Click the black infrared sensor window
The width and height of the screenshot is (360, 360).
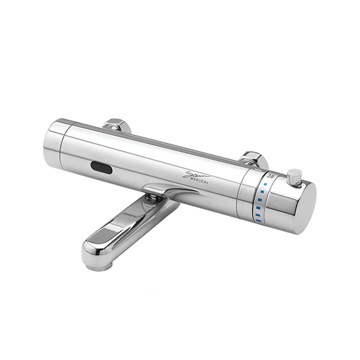click(x=101, y=168)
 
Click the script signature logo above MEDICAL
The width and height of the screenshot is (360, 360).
click(x=196, y=173)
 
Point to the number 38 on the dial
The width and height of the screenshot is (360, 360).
click(x=271, y=176)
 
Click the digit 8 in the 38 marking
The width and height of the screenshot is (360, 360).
click(x=272, y=176)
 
